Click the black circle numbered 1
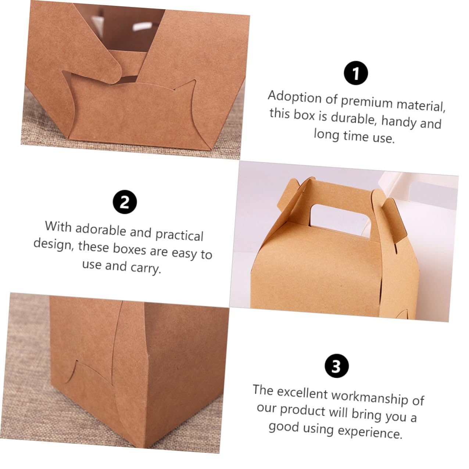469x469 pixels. (x=355, y=73)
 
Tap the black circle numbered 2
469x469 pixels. (x=125, y=202)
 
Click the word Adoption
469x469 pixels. (x=295, y=97)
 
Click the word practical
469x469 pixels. (x=179, y=235)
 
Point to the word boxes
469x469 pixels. (x=129, y=249)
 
